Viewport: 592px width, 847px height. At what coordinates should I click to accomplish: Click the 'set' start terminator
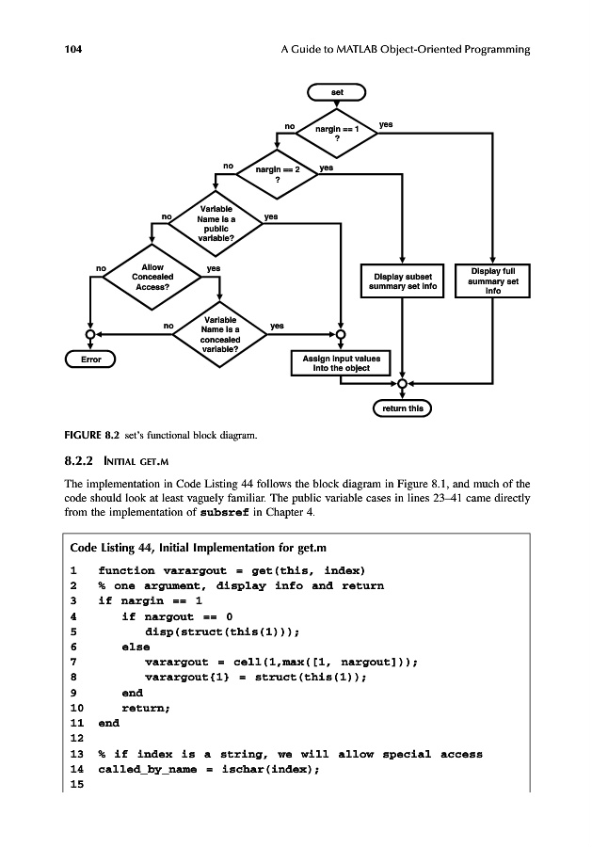click(336, 92)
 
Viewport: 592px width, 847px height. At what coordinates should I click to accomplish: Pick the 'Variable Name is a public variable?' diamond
click(218, 224)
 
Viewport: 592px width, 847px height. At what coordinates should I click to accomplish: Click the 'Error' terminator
click(89, 360)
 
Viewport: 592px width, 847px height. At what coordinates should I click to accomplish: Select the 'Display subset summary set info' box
click(403, 280)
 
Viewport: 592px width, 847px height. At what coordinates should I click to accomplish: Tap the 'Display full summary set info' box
click(492, 280)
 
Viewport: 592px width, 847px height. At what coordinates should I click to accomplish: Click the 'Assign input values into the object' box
click(341, 363)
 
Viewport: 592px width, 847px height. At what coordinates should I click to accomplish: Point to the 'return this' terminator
click(402, 409)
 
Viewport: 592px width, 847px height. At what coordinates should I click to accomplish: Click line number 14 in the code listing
click(77, 769)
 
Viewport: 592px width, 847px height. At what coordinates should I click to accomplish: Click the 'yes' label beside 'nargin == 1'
click(386, 124)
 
